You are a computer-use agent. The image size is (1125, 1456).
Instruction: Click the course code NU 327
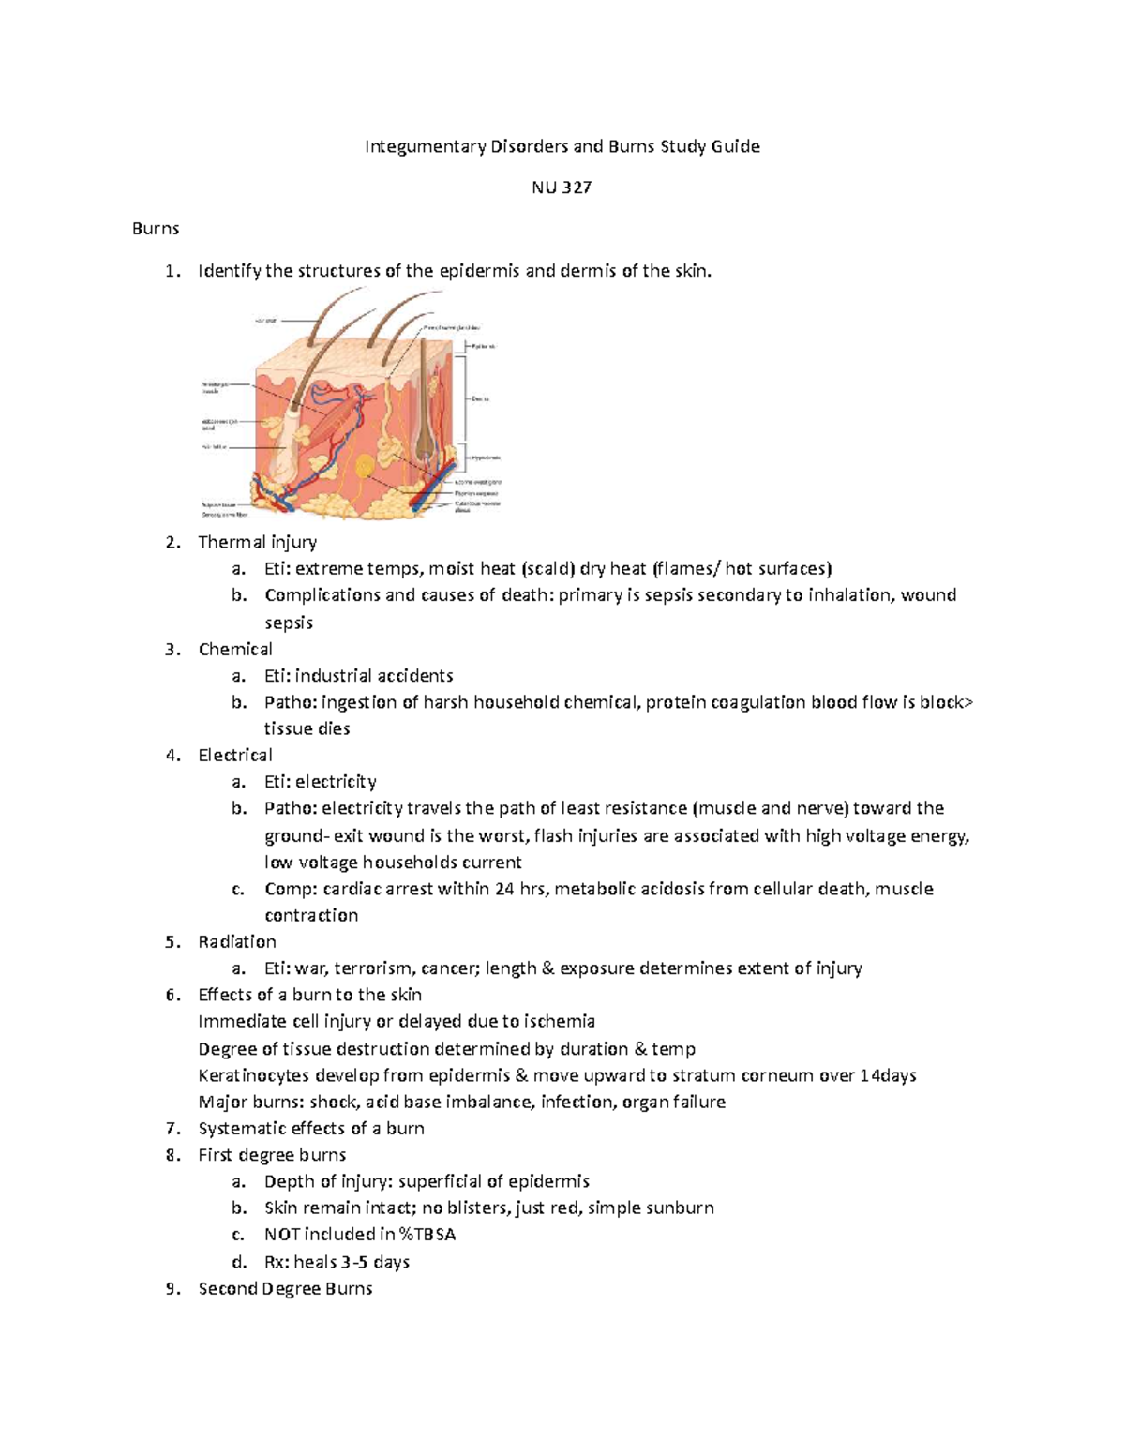tap(562, 188)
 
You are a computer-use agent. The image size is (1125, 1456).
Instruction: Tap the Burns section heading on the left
tap(156, 229)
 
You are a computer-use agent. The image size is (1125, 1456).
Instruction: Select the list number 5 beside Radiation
tap(171, 942)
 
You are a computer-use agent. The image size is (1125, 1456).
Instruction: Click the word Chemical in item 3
tap(235, 650)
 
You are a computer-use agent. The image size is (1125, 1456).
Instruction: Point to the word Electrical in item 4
tap(235, 756)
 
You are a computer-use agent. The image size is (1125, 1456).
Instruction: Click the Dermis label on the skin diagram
tap(481, 399)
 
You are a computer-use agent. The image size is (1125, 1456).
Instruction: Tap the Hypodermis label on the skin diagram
tap(485, 458)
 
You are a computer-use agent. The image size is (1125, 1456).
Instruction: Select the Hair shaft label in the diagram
tap(265, 321)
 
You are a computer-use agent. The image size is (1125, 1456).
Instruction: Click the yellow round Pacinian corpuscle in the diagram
tap(363, 464)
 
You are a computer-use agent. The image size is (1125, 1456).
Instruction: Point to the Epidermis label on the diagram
tap(484, 347)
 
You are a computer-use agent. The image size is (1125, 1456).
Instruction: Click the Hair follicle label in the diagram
tap(214, 447)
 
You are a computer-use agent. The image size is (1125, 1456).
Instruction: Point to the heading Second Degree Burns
tap(285, 1289)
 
